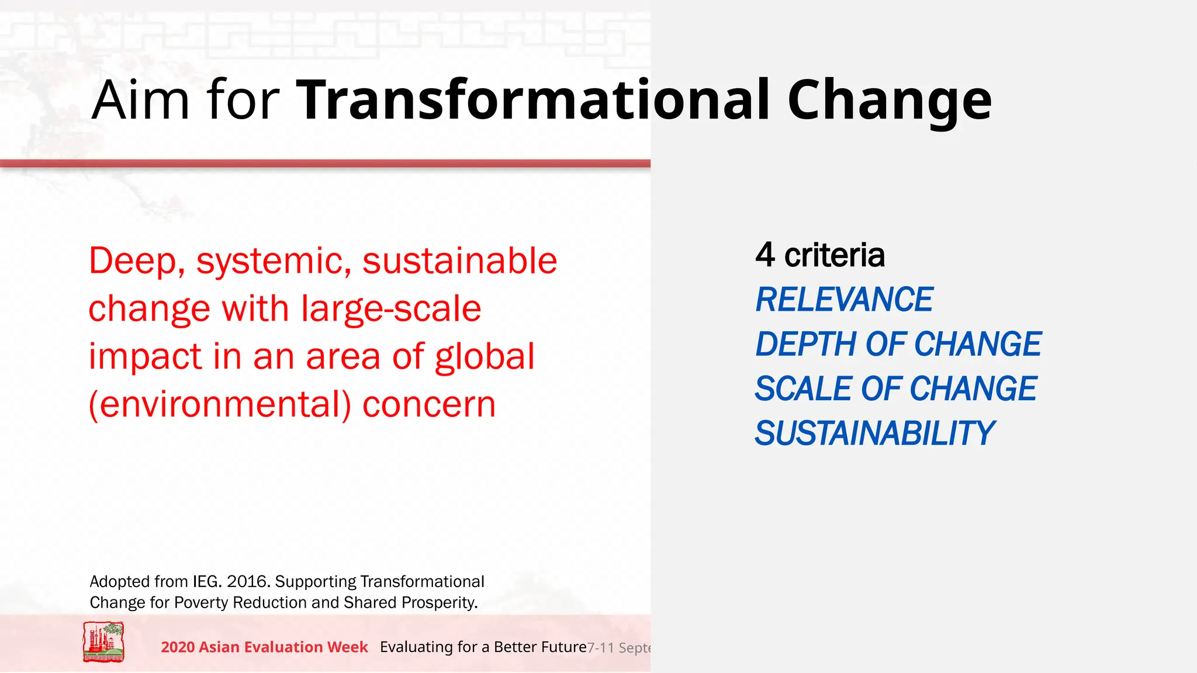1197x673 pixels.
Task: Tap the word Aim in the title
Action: click(140, 100)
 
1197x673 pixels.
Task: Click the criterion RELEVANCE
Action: click(844, 300)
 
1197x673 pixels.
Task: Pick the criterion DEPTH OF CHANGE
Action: click(898, 344)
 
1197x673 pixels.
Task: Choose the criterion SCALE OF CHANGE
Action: click(895, 388)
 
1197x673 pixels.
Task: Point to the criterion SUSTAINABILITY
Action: click(874, 433)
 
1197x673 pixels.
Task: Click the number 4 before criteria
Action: click(765, 255)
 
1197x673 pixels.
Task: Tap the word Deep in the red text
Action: click(136, 261)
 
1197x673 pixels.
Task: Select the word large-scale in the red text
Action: click(390, 308)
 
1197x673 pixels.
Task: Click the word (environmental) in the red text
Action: click(220, 404)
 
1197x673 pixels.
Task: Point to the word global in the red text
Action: click(485, 356)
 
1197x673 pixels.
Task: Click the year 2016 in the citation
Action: click(248, 582)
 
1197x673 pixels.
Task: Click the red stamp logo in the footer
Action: click(103, 642)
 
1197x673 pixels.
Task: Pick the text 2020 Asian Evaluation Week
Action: click(264, 647)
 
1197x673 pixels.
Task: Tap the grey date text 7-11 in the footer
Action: click(600, 648)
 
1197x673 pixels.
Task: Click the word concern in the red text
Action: click(429, 404)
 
